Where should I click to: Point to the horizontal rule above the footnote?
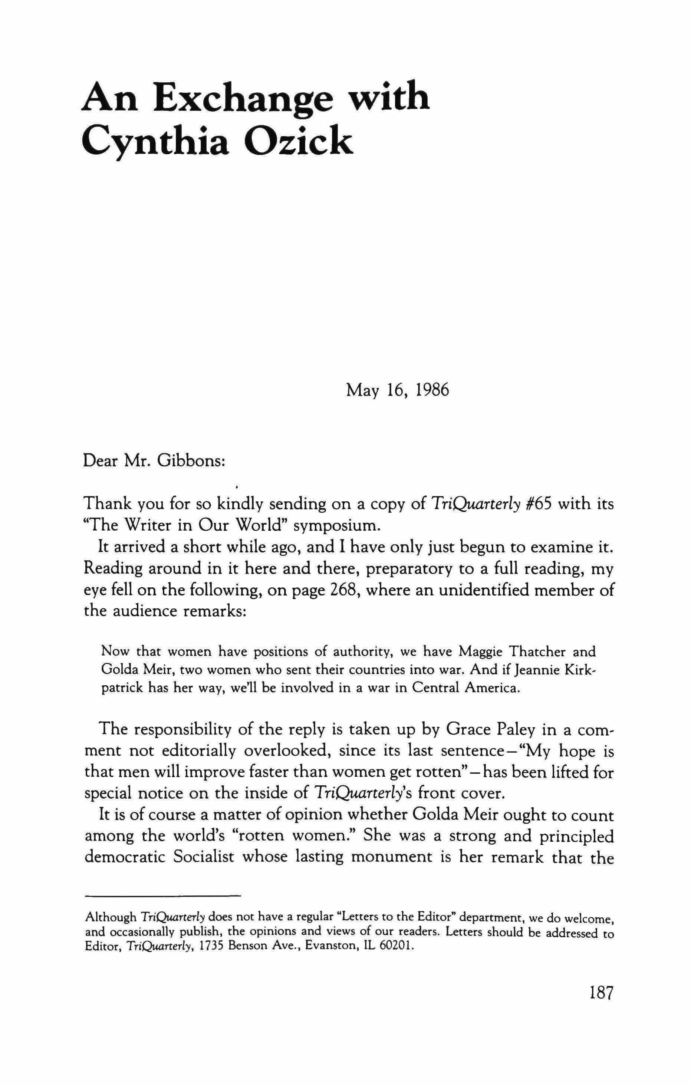click(163, 895)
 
